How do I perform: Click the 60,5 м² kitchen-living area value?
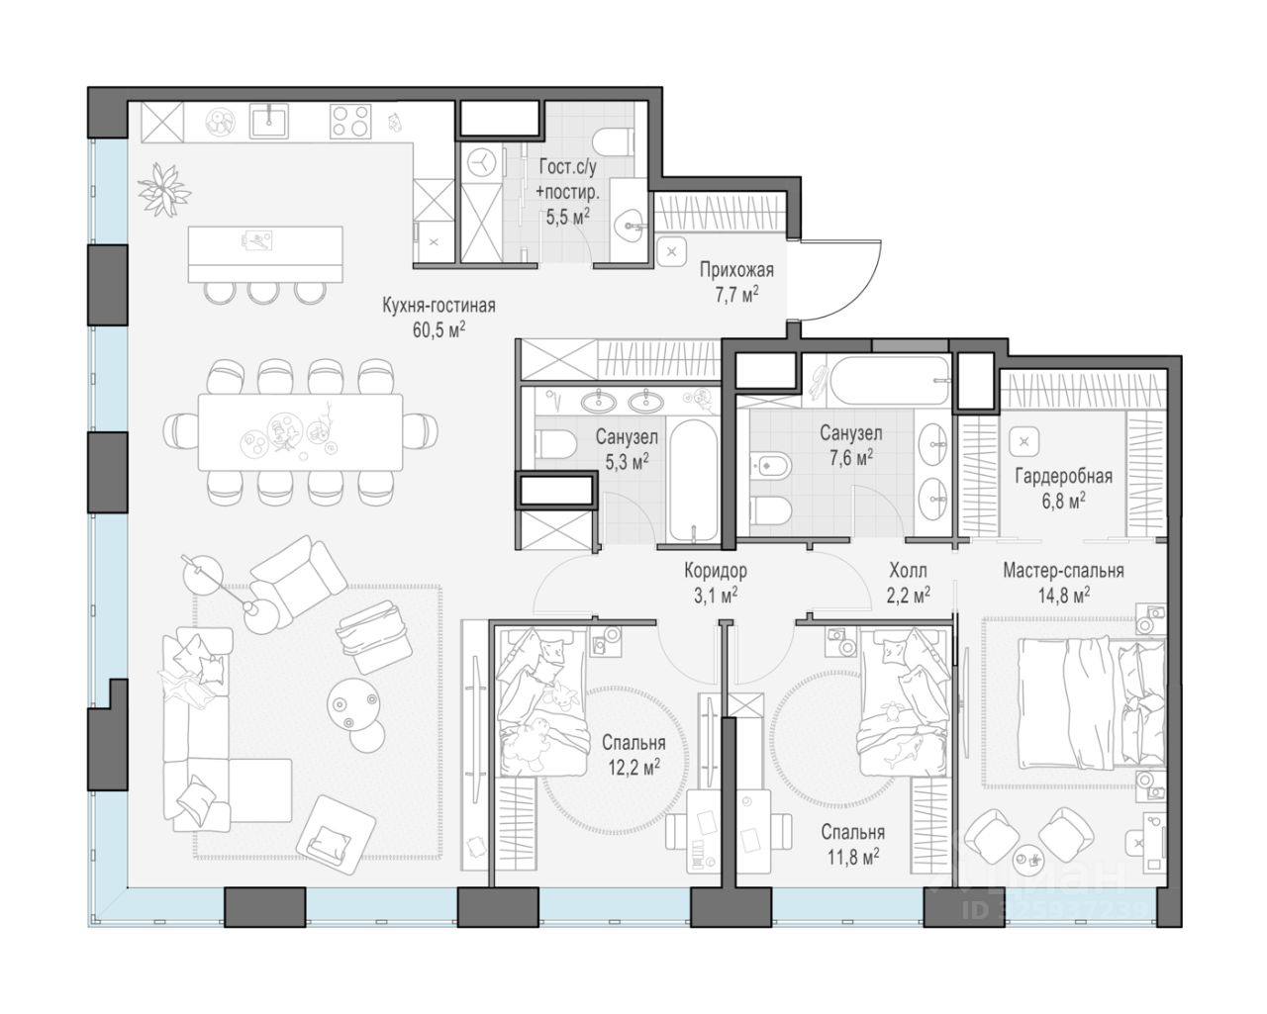(439, 329)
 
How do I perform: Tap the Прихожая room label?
(736, 270)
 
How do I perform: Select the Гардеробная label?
(1063, 476)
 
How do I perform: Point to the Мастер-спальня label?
(1063, 570)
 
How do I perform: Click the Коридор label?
(716, 570)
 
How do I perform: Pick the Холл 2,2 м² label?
(909, 583)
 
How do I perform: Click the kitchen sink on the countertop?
(269, 121)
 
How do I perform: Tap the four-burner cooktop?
(350, 121)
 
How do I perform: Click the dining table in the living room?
(300, 432)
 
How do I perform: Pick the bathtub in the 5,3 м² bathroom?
(694, 480)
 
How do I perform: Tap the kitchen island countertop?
(265, 253)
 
